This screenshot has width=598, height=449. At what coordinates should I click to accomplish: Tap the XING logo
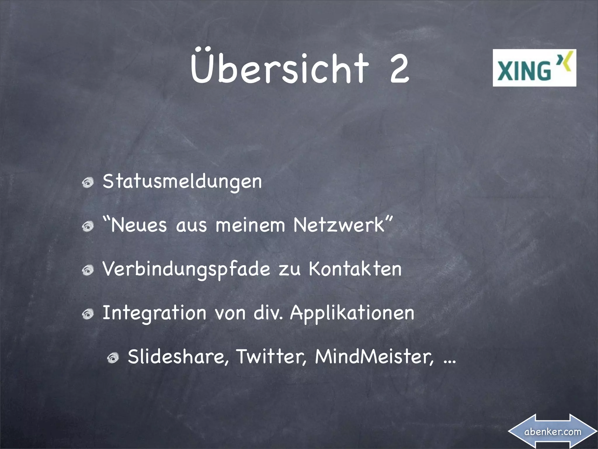(534, 68)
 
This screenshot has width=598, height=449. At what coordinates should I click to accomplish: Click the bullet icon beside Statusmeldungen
(88, 183)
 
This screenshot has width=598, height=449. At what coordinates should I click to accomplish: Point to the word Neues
(138, 225)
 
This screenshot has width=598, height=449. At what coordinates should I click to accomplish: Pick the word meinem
(250, 225)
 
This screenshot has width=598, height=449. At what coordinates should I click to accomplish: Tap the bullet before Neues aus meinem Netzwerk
(88, 227)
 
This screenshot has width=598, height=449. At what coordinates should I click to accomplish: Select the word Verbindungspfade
(186, 269)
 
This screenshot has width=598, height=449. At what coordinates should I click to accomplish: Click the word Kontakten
(355, 269)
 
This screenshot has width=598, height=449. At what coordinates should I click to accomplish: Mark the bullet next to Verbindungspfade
(88, 271)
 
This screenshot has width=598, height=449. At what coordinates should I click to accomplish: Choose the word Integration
(154, 313)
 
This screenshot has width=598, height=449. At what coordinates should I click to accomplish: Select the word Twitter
(271, 357)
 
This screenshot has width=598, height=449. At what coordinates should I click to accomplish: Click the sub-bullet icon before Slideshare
(113, 358)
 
